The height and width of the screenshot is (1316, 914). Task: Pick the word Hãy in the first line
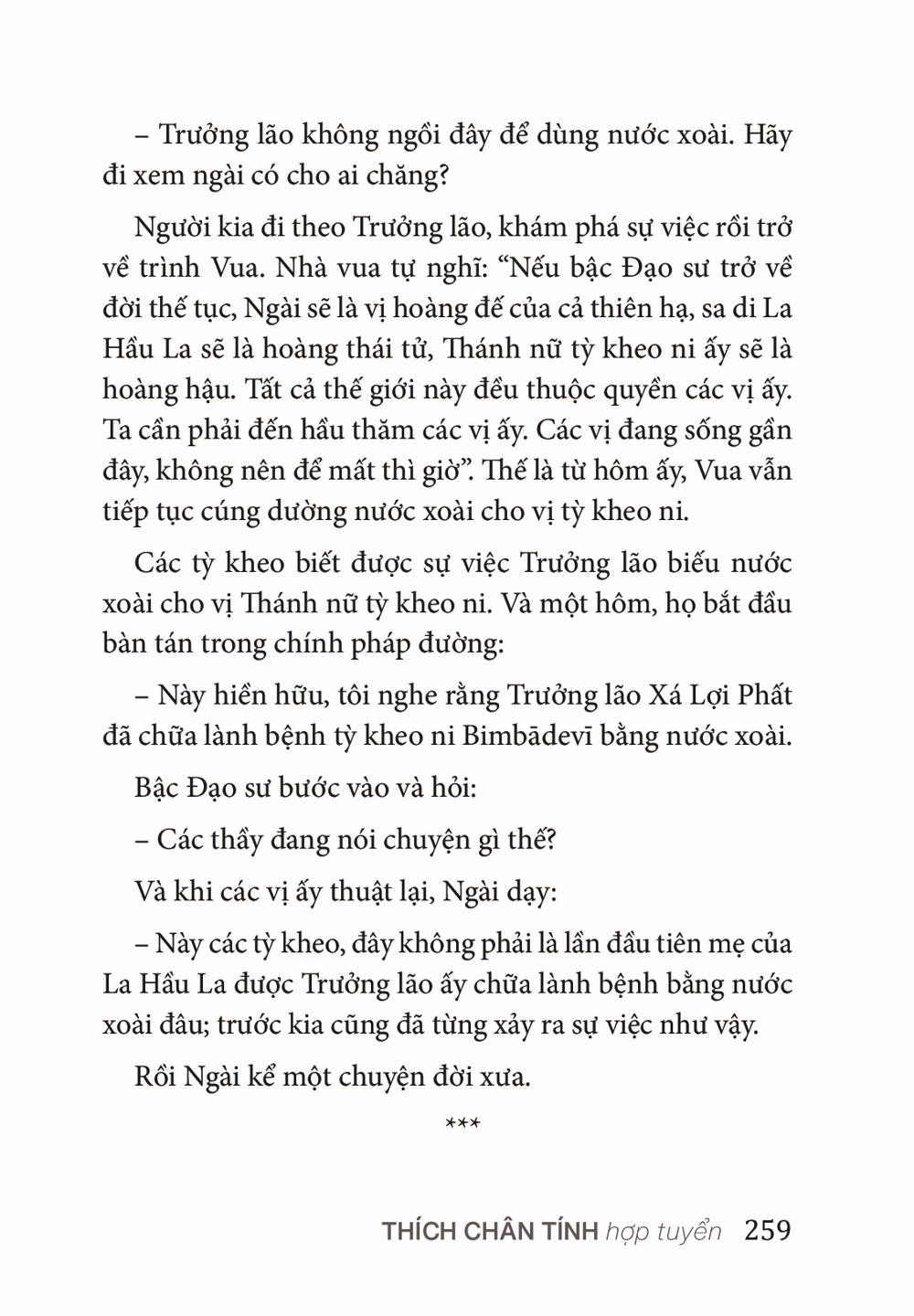click(768, 135)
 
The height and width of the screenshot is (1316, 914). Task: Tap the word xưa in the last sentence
click(504, 1077)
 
